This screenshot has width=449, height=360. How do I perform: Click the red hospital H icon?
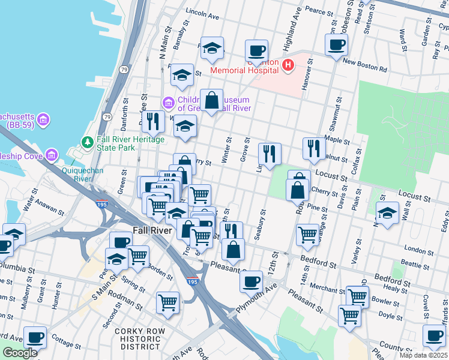click(x=288, y=65)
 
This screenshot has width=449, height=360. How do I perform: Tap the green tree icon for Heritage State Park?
click(x=88, y=142)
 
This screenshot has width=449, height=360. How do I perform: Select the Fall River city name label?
click(x=151, y=230)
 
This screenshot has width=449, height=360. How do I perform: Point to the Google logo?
click(x=20, y=353)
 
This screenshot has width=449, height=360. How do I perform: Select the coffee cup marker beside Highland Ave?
click(x=256, y=51)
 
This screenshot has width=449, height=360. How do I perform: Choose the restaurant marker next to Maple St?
click(x=313, y=149)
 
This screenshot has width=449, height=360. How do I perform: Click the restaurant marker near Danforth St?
click(x=153, y=121)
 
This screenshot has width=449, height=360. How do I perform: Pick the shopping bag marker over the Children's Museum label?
click(x=211, y=100)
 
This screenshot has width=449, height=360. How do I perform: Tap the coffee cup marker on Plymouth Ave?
click(x=251, y=280)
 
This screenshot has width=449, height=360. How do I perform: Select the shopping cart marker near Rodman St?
click(x=167, y=302)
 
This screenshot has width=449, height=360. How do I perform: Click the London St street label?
click(x=414, y=248)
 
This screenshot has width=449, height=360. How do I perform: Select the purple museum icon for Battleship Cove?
click(x=52, y=156)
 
